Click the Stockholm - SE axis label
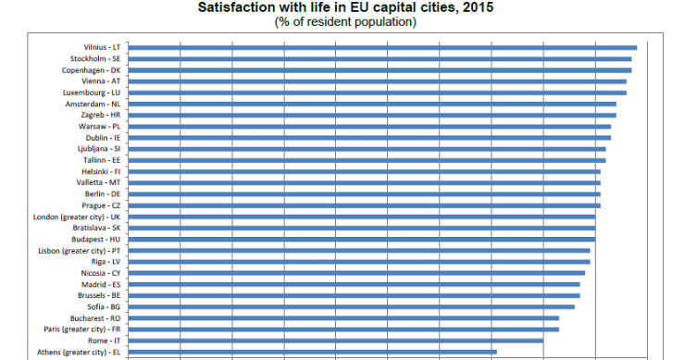(x=94, y=58)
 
